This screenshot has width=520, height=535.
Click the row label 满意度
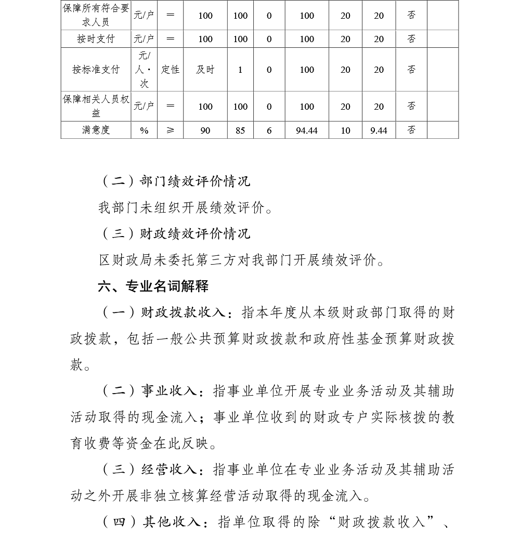tap(96, 131)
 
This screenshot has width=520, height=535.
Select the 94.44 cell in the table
tap(307, 131)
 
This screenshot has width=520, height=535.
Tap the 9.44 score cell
tap(379, 131)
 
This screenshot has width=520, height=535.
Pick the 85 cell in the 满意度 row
tap(240, 131)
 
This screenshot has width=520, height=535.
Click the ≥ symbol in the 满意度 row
tap(170, 131)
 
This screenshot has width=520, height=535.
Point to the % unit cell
tap(144, 131)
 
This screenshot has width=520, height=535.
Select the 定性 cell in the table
tap(170, 70)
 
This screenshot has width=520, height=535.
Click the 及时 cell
tap(205, 70)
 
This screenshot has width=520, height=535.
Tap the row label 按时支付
tap(96, 39)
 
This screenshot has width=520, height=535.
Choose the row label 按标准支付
tap(96, 70)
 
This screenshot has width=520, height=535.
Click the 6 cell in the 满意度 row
tap(269, 131)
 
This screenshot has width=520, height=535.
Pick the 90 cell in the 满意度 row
tap(205, 131)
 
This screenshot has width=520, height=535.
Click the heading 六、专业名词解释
tap(153, 286)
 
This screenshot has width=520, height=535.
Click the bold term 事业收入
tap(168, 391)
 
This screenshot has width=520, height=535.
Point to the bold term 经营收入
tap(168, 469)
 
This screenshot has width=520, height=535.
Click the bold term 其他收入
tap(171, 521)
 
